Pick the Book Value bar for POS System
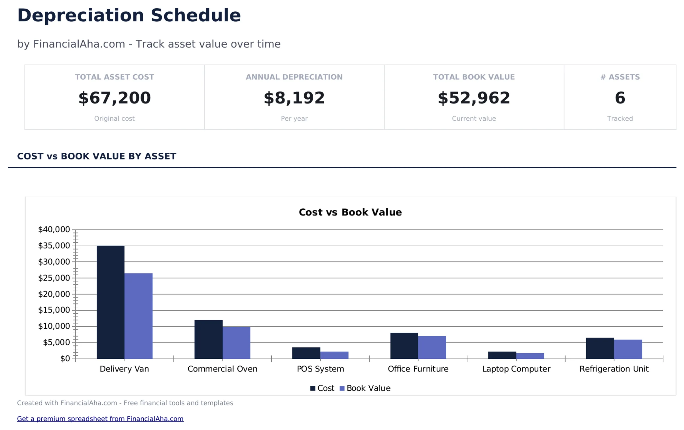pyautogui.click(x=334, y=355)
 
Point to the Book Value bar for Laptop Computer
pyautogui.click(x=530, y=356)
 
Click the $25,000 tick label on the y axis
pyautogui.click(x=54, y=278)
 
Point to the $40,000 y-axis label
pyautogui.click(x=54, y=229)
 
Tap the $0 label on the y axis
pyautogui.click(x=65, y=358)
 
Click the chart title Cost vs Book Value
pyautogui.click(x=350, y=212)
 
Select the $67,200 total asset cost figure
pyautogui.click(x=114, y=98)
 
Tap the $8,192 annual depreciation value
pyautogui.click(x=294, y=98)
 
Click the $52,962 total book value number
pyautogui.click(x=474, y=98)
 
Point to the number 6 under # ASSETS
pyautogui.click(x=620, y=98)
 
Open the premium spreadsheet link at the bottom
pyautogui.click(x=100, y=419)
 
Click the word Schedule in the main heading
pyautogui.click(x=196, y=15)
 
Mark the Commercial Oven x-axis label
pyautogui.click(x=222, y=369)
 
